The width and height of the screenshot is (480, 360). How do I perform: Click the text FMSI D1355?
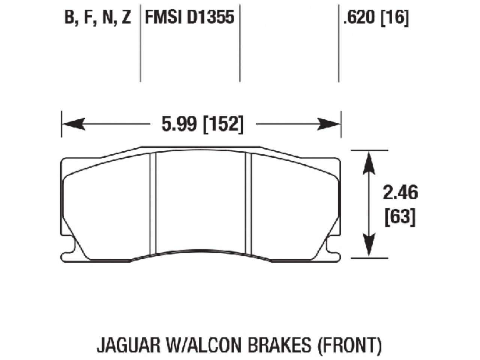tap(189, 17)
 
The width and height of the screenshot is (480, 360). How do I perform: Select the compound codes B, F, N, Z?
tap(97, 18)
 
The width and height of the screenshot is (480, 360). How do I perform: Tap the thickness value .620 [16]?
tap(375, 17)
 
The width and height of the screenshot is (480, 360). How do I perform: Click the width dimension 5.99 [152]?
tap(202, 124)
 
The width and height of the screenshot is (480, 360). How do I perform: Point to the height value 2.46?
tap(400, 193)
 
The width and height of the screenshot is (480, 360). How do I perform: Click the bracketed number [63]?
tap(400, 217)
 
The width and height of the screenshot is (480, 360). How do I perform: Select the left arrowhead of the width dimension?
tap(73, 124)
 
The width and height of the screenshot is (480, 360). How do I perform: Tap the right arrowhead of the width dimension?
tap(328, 124)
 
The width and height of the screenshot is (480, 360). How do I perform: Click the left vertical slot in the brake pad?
tap(152, 202)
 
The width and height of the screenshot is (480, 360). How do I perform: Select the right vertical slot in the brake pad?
tap(248, 202)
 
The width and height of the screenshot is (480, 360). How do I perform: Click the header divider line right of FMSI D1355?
tap(240, 41)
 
